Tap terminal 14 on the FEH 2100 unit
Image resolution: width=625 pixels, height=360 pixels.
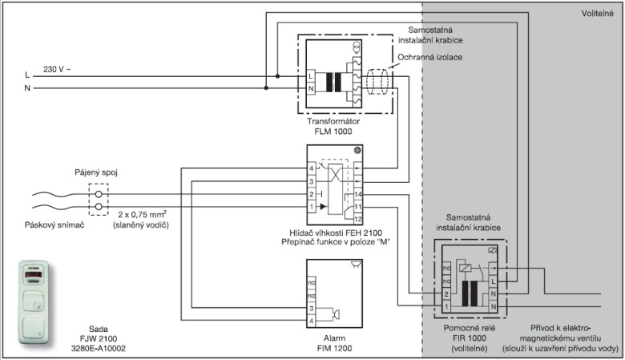[x=358, y=195]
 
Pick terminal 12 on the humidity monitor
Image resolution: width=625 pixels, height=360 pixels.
[x=358, y=219]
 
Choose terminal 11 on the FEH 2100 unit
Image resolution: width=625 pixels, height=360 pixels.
[x=358, y=207]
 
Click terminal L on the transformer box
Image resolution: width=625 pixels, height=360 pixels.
[x=310, y=75]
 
